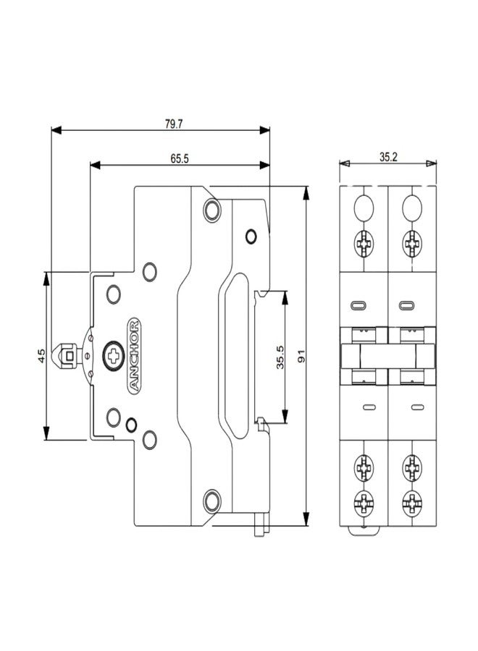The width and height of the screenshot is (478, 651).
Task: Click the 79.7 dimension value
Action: point(172,124)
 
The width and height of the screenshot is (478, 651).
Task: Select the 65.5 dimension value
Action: point(180,159)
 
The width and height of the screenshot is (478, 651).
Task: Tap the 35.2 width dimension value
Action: point(388,157)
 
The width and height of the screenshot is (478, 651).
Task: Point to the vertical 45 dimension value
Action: point(41,356)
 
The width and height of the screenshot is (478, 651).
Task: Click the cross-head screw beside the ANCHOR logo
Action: point(112,355)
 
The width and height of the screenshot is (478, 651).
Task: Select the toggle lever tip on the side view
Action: point(67,356)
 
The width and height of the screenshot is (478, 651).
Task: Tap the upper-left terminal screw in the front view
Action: point(363,242)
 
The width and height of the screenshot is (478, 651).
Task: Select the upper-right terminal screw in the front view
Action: point(412,242)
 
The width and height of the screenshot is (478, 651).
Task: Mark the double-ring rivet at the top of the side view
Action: point(211,210)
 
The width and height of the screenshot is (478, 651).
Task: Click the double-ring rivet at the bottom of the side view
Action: point(211,498)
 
